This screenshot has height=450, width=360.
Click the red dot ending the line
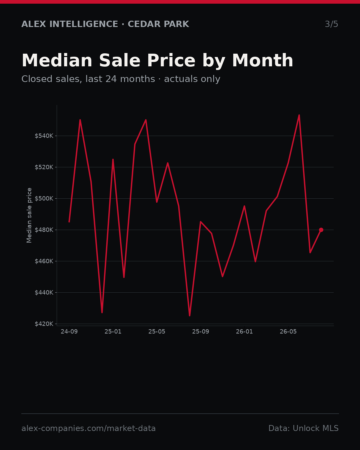click(x=321, y=230)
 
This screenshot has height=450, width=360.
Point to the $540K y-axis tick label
click(x=44, y=136)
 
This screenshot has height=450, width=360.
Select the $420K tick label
click(x=44, y=324)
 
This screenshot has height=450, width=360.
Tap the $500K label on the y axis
click(x=44, y=198)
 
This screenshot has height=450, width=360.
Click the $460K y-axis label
click(x=44, y=261)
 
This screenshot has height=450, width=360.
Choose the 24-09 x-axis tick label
click(x=69, y=332)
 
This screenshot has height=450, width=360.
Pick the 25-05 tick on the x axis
click(x=157, y=332)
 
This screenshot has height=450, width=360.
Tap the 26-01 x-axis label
click(x=244, y=332)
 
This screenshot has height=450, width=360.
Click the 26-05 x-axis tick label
click(x=288, y=332)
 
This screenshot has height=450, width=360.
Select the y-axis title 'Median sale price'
click(x=29, y=215)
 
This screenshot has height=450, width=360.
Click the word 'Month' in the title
click(x=263, y=60)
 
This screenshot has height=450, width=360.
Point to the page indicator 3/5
click(x=332, y=24)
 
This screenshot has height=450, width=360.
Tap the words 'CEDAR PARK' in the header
click(x=158, y=24)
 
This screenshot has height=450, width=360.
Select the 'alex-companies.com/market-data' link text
click(x=88, y=428)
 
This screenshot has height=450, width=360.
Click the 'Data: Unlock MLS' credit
click(x=303, y=428)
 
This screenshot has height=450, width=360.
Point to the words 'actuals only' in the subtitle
click(x=192, y=79)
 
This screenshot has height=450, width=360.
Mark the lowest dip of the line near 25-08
click(x=190, y=316)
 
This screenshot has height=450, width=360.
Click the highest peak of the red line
click(x=299, y=115)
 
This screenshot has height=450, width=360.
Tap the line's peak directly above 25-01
click(x=113, y=159)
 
